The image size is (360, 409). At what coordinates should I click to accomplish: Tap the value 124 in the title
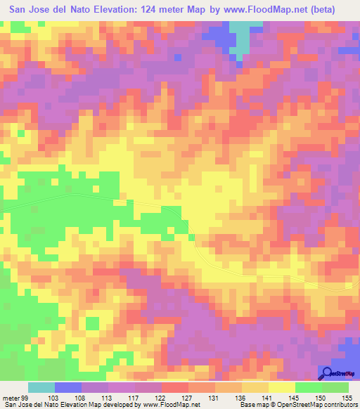[148, 10]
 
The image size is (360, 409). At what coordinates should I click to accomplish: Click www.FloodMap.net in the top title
[269, 10]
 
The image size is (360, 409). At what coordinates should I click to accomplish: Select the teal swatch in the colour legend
[41, 387]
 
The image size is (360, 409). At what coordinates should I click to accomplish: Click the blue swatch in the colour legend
[68, 387]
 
